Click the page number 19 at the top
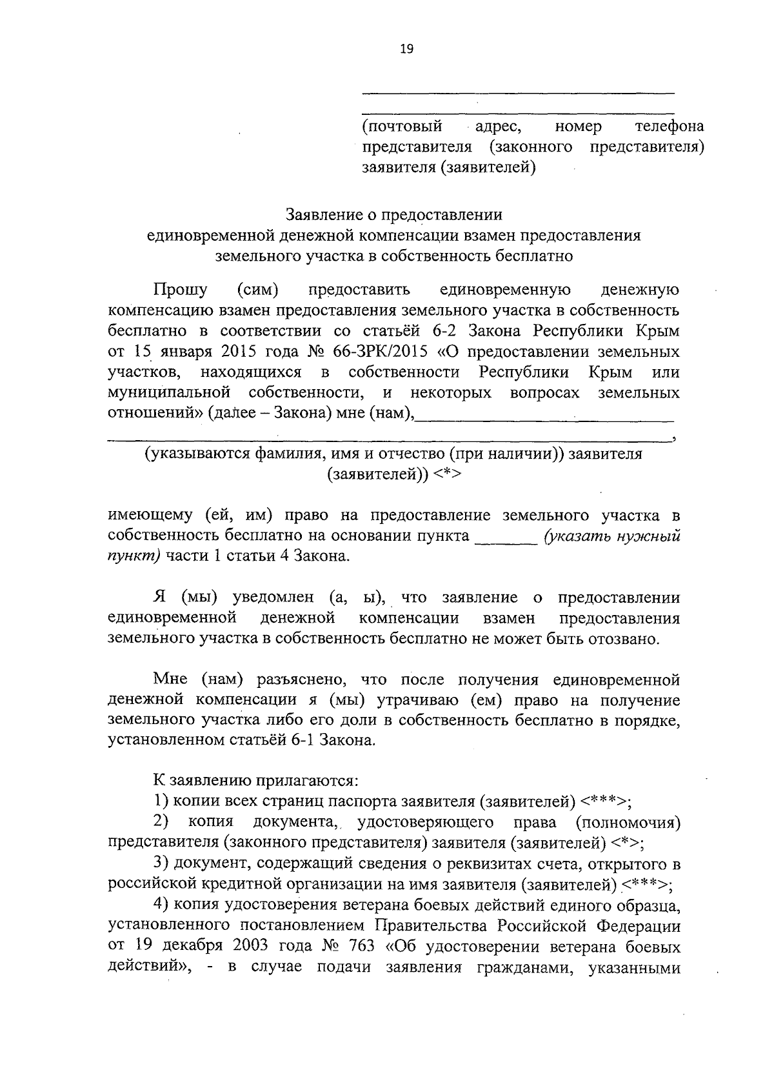coord(406,49)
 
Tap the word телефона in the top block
coord(669,126)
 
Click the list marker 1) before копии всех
coord(161,801)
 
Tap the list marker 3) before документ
coord(161,863)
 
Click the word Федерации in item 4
coord(637,926)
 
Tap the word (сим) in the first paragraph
coord(257,290)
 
